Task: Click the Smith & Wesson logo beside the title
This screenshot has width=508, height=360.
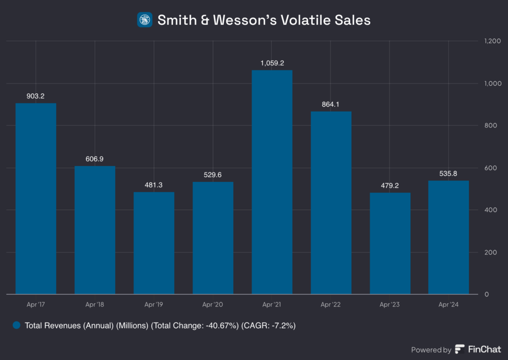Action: (x=145, y=20)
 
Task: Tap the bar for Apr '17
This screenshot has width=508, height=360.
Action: (x=36, y=198)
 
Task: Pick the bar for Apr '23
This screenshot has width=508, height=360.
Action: (x=390, y=243)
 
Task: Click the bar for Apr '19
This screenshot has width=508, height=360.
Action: (x=154, y=243)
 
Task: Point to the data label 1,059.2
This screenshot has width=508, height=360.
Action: (x=272, y=63)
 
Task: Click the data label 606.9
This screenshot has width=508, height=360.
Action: (x=95, y=159)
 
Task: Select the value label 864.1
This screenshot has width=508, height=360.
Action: (x=331, y=104)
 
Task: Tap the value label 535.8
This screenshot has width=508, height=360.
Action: (x=448, y=174)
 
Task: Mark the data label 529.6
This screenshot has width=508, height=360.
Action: (x=213, y=175)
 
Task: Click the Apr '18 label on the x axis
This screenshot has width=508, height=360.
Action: (x=95, y=304)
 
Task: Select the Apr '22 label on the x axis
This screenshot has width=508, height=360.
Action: (x=331, y=304)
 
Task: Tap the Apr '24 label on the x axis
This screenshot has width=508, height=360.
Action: (x=448, y=304)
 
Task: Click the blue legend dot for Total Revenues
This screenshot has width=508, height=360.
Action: (x=17, y=326)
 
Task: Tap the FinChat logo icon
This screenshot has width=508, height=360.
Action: (x=460, y=350)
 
